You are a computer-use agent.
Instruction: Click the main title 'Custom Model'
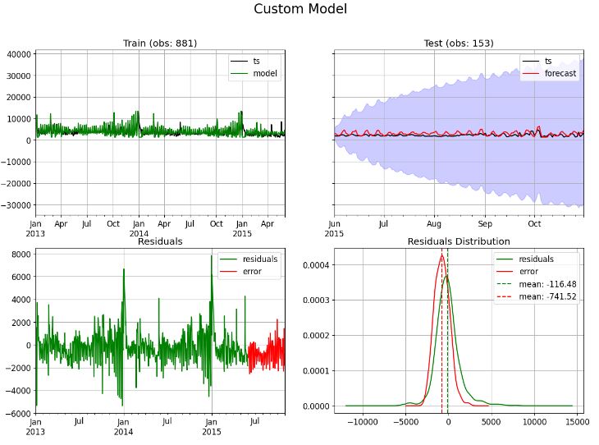pos(299,9)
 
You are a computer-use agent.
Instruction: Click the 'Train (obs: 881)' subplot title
pos(160,44)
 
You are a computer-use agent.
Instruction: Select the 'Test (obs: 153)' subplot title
pos(459,44)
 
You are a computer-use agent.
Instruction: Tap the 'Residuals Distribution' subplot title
pos(459,241)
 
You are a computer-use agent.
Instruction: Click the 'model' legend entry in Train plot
pos(264,73)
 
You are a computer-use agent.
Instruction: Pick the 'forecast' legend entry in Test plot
pos(560,73)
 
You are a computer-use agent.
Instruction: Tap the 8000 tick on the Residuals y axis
pos(20,254)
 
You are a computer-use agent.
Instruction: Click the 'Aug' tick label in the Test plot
pos(434,223)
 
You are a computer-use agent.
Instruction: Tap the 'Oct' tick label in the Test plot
pos(534,223)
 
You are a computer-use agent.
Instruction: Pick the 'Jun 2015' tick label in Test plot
pos(335,227)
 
